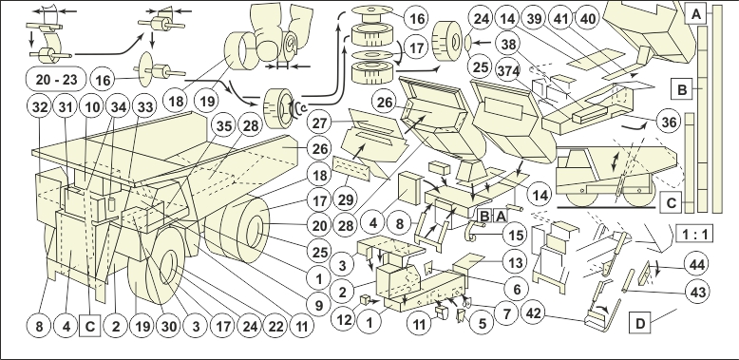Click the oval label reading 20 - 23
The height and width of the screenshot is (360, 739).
[56, 79]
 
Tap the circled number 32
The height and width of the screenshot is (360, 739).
[40, 107]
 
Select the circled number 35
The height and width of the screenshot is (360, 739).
[224, 125]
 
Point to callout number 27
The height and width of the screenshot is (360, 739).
[319, 123]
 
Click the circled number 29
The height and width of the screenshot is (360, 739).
[345, 199]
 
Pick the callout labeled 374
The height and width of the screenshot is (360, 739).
[508, 71]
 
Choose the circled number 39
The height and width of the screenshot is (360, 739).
[534, 18]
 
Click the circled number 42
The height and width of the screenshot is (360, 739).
[533, 313]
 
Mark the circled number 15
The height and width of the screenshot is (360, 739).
[515, 235]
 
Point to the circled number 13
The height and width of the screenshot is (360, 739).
[515, 263]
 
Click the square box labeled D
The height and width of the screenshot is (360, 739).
[639, 323]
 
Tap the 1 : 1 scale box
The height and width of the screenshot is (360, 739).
[694, 234]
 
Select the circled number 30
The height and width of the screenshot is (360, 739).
[168, 326]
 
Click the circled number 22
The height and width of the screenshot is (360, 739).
[275, 326]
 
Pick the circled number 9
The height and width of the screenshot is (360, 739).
[319, 305]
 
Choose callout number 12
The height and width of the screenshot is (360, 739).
[344, 319]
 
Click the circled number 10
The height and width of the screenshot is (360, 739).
[91, 107]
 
